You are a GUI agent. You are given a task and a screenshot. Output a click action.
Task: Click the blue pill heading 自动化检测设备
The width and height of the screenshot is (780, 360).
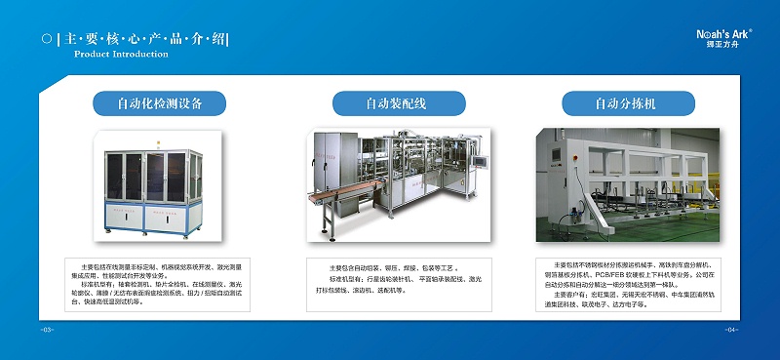[159, 102]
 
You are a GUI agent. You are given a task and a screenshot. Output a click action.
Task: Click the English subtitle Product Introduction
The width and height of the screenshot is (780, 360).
[121, 55]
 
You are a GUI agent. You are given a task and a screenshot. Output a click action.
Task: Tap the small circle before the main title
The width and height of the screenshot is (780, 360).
[47, 39]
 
